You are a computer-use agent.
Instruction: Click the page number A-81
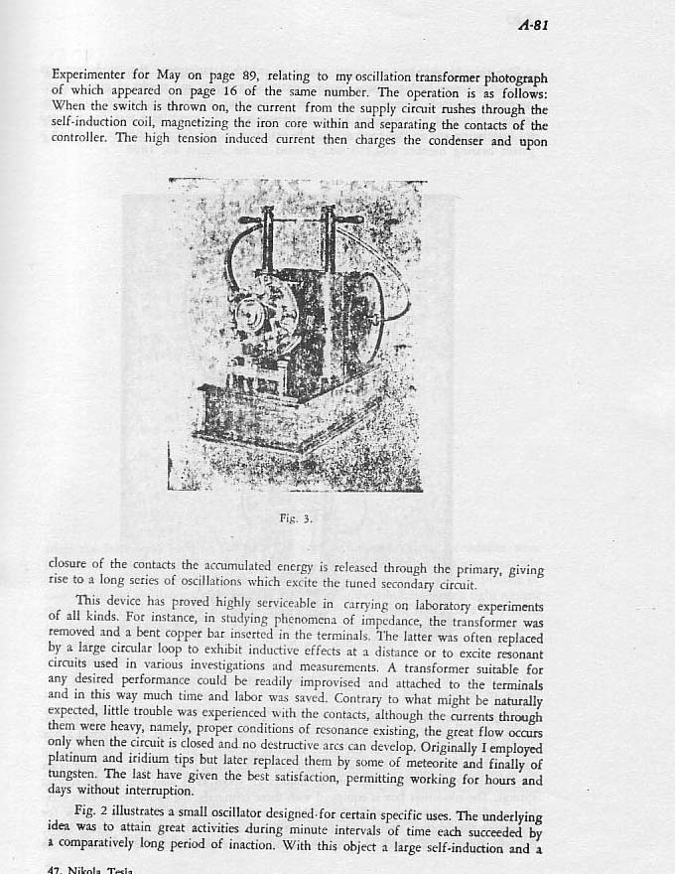point(533,26)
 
